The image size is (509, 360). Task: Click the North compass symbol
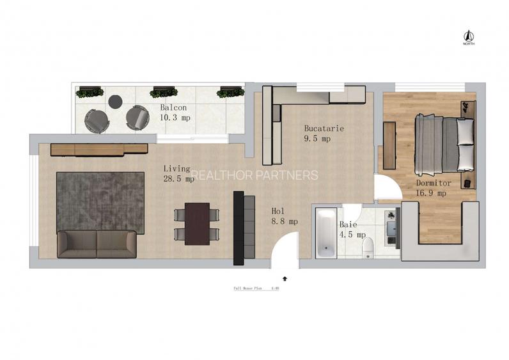click(x=468, y=36)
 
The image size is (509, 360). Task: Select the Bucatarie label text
click(x=324, y=129)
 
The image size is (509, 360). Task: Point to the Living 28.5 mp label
click(x=178, y=173)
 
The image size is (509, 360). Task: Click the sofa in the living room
click(x=97, y=244)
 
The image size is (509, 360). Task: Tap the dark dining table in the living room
click(x=197, y=223)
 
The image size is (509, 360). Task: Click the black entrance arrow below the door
click(x=285, y=278)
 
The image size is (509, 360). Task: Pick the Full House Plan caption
click(x=256, y=288)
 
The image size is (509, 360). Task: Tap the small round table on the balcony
click(x=115, y=101)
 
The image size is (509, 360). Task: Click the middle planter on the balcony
click(x=164, y=92)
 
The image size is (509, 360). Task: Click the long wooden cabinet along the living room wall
click(x=99, y=149)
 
